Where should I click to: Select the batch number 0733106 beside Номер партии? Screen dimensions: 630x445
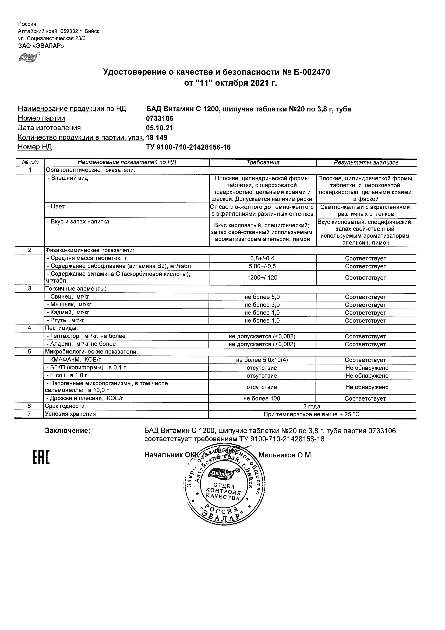tap(160, 118)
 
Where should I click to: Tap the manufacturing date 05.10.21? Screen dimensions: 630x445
tap(159, 128)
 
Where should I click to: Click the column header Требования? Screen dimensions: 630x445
tap(263, 162)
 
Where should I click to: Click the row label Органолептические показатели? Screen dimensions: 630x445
tap(90, 170)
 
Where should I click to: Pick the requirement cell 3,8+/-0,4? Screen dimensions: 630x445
tap(262, 258)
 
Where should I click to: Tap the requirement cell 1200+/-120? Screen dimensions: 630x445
tap(262, 278)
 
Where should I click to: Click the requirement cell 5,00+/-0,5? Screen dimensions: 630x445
tap(262, 267)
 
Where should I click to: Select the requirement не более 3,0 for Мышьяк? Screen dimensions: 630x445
tap(262, 305)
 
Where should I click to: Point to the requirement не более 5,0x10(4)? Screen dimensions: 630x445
tap(262, 360)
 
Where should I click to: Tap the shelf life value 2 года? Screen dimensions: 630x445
tap(312, 406)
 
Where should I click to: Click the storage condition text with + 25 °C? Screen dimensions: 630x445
tap(312, 414)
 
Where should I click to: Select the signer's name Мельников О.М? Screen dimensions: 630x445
tap(285, 455)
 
